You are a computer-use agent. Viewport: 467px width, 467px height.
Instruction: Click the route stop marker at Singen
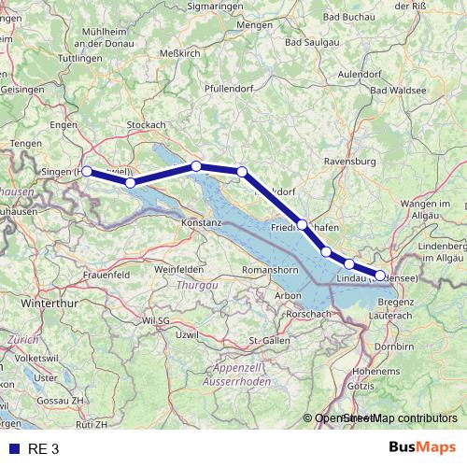point(86,171)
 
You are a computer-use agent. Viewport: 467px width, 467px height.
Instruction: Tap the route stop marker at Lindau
point(380,276)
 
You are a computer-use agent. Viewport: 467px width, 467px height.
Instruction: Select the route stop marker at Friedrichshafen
point(303,224)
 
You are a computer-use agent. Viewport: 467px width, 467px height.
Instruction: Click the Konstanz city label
point(201,224)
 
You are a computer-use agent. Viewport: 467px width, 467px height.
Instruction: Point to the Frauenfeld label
point(106,276)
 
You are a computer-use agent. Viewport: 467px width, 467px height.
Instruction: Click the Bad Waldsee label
point(399,90)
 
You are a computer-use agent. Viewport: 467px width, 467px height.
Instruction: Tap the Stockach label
point(146,124)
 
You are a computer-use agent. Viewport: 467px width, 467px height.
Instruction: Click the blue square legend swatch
point(13,448)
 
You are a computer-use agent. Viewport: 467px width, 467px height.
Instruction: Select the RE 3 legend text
point(43,448)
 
